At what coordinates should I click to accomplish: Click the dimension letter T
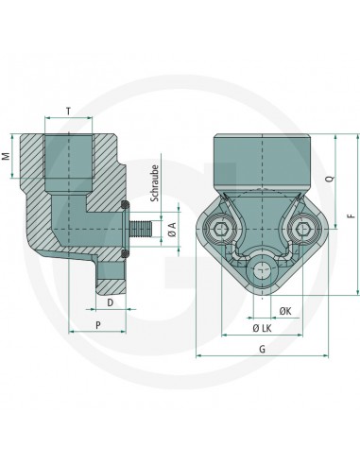tap(70, 111)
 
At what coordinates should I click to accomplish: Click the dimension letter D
tap(110, 301)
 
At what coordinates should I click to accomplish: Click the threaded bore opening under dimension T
tap(70, 151)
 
